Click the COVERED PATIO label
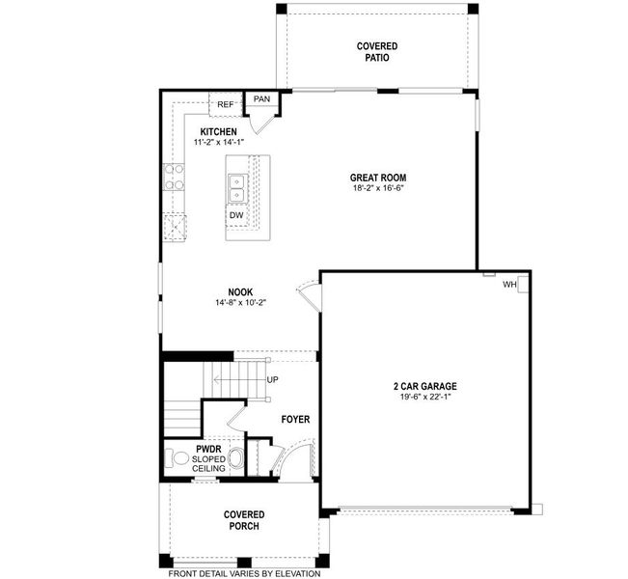click(377, 51)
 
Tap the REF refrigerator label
click(225, 104)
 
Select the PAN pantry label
click(261, 99)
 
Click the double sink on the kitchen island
click(236, 188)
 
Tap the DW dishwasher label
click(236, 215)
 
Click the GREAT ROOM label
click(377, 178)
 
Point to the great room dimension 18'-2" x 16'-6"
click(377, 189)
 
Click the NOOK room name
click(241, 291)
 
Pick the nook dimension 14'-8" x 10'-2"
click(241, 303)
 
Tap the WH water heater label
click(508, 285)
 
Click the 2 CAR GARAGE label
click(425, 385)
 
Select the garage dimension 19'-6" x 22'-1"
click(425, 397)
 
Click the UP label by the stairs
click(273, 380)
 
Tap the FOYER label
click(295, 420)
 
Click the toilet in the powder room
click(178, 457)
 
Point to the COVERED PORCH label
click(244, 520)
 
